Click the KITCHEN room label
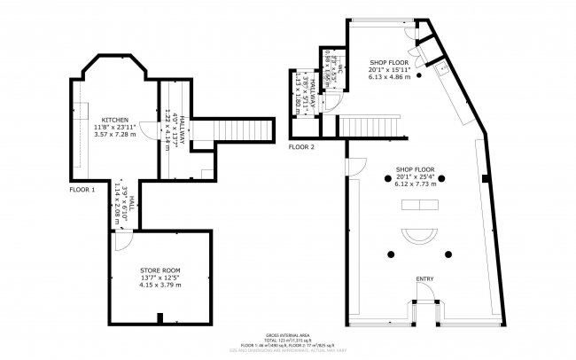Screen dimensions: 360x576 (x=114, y=119)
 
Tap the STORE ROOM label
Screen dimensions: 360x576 (x=160, y=269)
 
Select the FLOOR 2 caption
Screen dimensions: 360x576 (x=301, y=146)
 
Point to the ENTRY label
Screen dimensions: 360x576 (x=424, y=279)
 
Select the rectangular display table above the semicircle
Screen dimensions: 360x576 (x=419, y=206)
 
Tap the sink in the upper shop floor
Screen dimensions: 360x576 (x=440, y=65)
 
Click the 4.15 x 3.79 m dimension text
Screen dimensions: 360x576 (x=160, y=286)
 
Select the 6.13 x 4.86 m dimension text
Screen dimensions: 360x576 (x=391, y=76)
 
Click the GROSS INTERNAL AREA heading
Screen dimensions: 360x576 (x=287, y=334)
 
